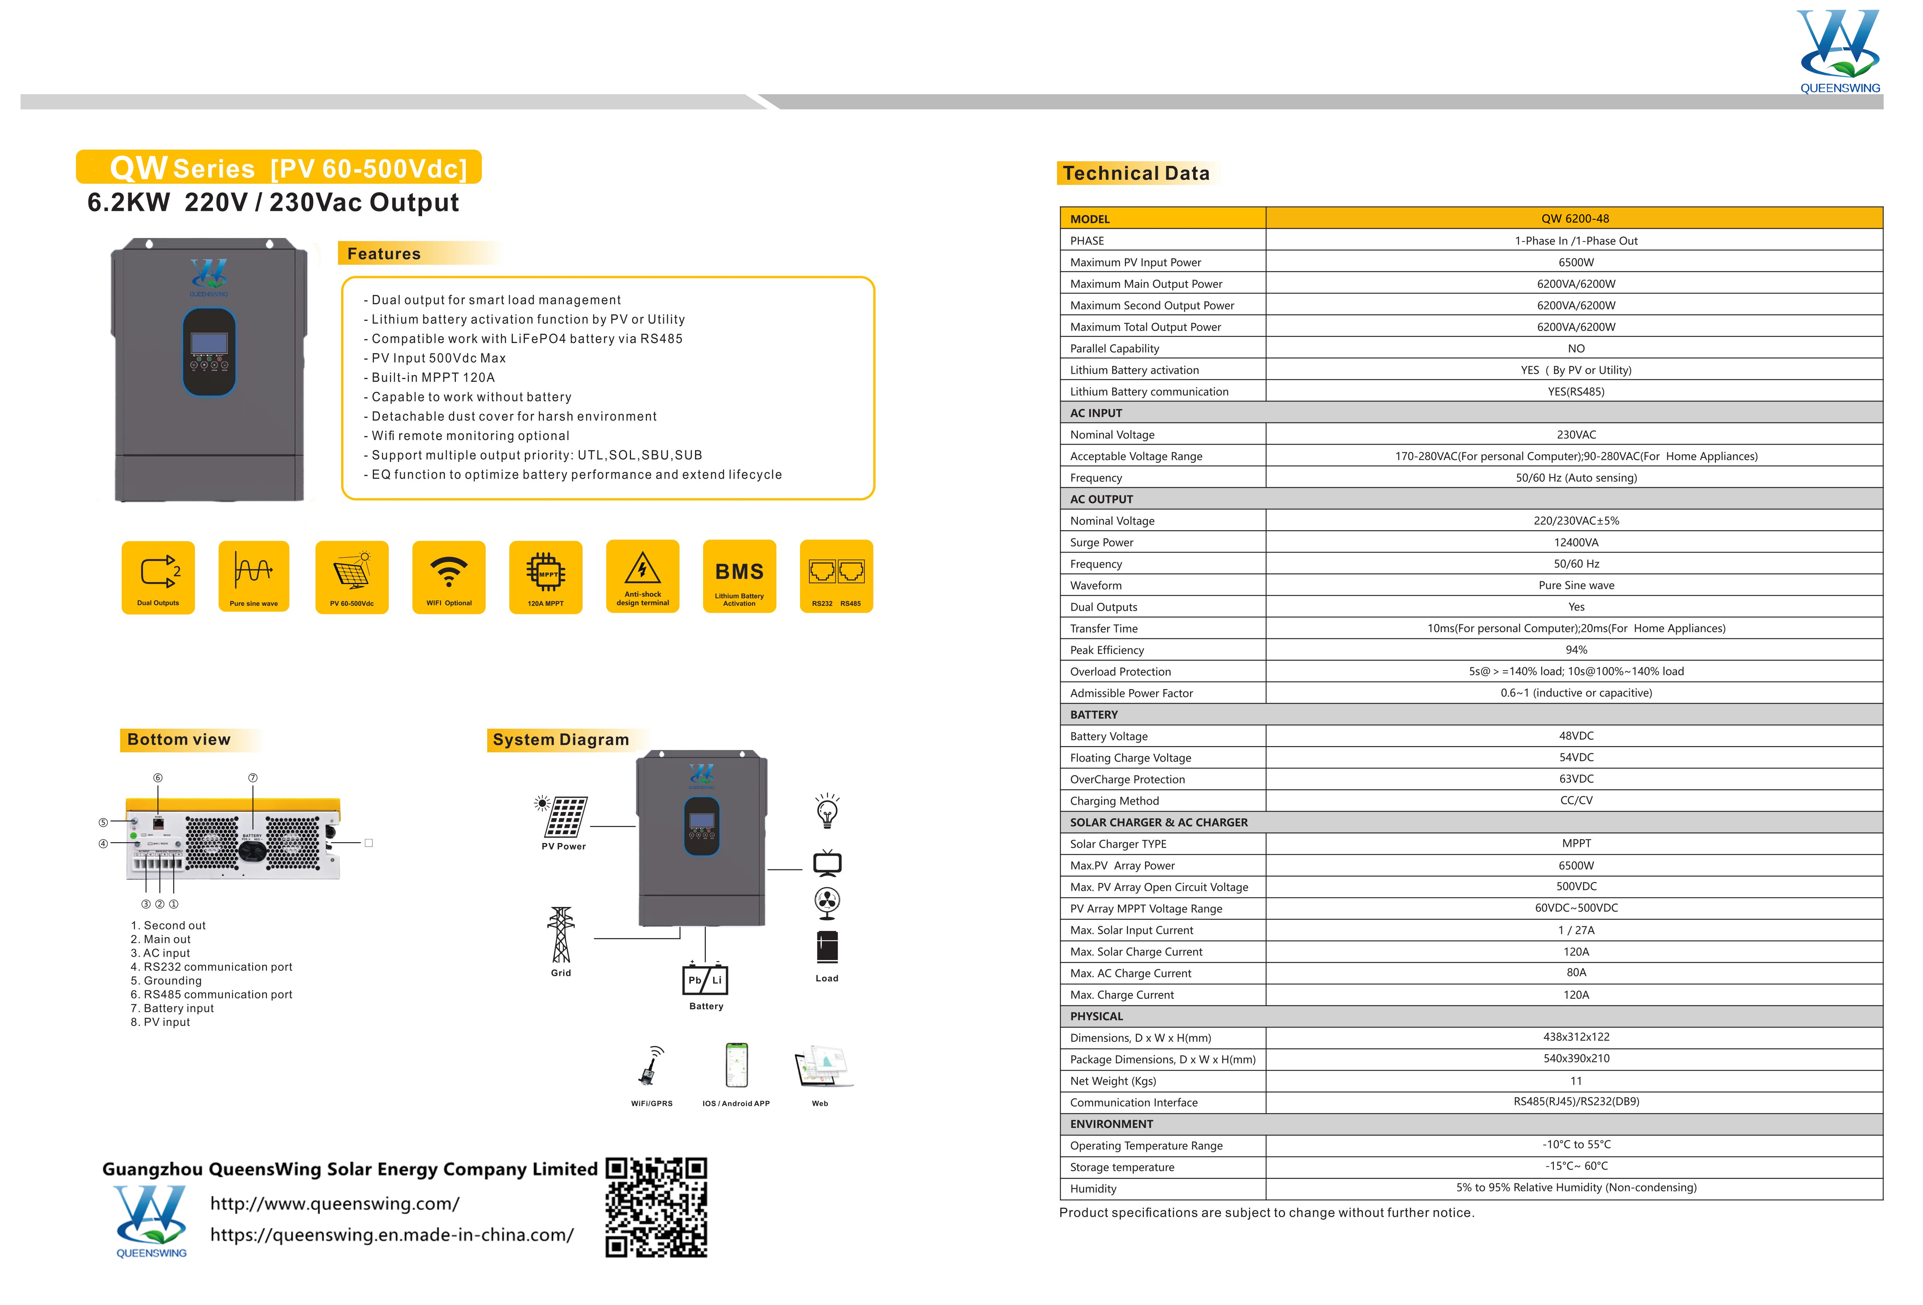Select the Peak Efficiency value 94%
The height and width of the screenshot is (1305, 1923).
pyautogui.click(x=1575, y=650)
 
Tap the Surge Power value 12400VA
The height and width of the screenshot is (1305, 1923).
pyautogui.click(x=1575, y=542)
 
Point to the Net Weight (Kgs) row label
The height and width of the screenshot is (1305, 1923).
pyautogui.click(x=1113, y=1081)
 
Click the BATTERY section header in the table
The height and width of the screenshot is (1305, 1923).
pyautogui.click(x=1094, y=714)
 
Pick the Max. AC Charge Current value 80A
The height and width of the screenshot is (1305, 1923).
pyautogui.click(x=1575, y=972)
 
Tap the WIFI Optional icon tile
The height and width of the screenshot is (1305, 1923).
pyautogui.click(x=448, y=577)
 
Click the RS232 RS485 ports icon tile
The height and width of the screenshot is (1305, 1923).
pyautogui.click(x=836, y=577)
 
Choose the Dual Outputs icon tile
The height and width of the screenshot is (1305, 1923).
pyautogui.click(x=158, y=577)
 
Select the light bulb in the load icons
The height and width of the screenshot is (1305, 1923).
pyautogui.click(x=827, y=811)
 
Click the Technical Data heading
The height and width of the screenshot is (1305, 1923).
pyautogui.click(x=1135, y=173)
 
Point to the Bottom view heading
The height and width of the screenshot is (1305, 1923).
pyautogui.click(x=179, y=739)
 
